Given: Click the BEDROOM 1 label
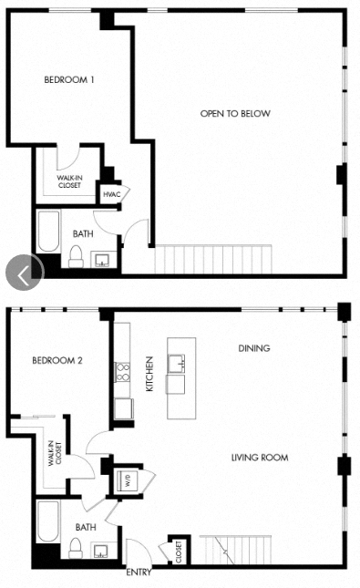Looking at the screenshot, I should coord(69,79).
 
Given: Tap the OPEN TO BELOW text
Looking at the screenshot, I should coord(236,114).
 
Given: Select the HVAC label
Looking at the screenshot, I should coord(112,194).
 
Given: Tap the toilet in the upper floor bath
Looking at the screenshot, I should coord(77,256).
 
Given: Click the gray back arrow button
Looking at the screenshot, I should coord(25,271).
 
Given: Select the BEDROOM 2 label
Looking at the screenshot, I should coord(57,360).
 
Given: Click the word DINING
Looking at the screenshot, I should coord(253,348).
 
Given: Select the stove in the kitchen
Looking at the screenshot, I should coord(121,371).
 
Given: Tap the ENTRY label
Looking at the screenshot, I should coord(138,573).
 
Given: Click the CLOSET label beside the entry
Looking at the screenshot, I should coord(179,551).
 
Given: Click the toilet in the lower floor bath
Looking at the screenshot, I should coord(77,547).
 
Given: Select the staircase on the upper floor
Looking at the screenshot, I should coord(213,259).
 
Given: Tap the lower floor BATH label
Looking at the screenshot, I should coord(86,527).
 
